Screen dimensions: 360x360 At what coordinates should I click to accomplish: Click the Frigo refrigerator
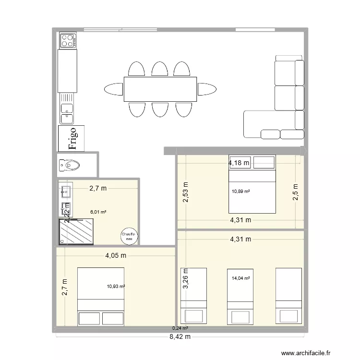pos(72,138)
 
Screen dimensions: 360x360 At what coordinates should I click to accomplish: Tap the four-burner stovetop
pos(67,40)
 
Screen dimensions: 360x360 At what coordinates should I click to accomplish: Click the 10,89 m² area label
pos(241,191)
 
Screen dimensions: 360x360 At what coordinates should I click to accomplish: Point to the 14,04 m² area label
pos(241,278)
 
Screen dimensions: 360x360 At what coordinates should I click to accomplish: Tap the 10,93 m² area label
pos(116,287)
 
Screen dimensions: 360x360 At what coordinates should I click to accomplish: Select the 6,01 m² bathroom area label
pos(98,210)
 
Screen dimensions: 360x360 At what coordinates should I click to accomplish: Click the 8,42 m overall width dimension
pos(180,336)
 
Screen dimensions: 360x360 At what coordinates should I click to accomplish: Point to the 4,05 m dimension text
pos(116,256)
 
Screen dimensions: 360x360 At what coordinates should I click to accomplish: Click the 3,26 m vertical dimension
pos(185,278)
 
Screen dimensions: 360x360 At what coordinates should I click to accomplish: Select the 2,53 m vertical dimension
pos(185,192)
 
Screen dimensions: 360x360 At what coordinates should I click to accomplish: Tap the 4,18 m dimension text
pos(239,163)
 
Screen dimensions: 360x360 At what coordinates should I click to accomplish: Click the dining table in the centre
pos(160,89)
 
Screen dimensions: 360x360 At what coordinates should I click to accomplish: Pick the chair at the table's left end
pos(113,89)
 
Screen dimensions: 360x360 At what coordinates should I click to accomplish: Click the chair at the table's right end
pos(207,89)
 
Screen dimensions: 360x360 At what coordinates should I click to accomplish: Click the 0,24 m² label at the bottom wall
pos(180,328)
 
